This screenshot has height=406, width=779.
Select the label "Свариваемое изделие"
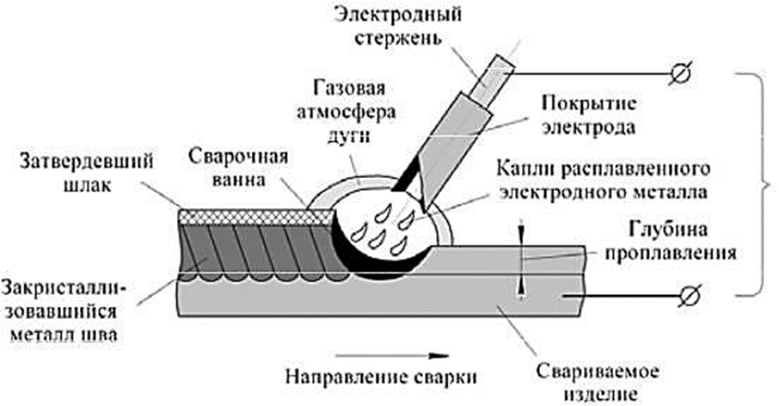coord(598,384)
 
